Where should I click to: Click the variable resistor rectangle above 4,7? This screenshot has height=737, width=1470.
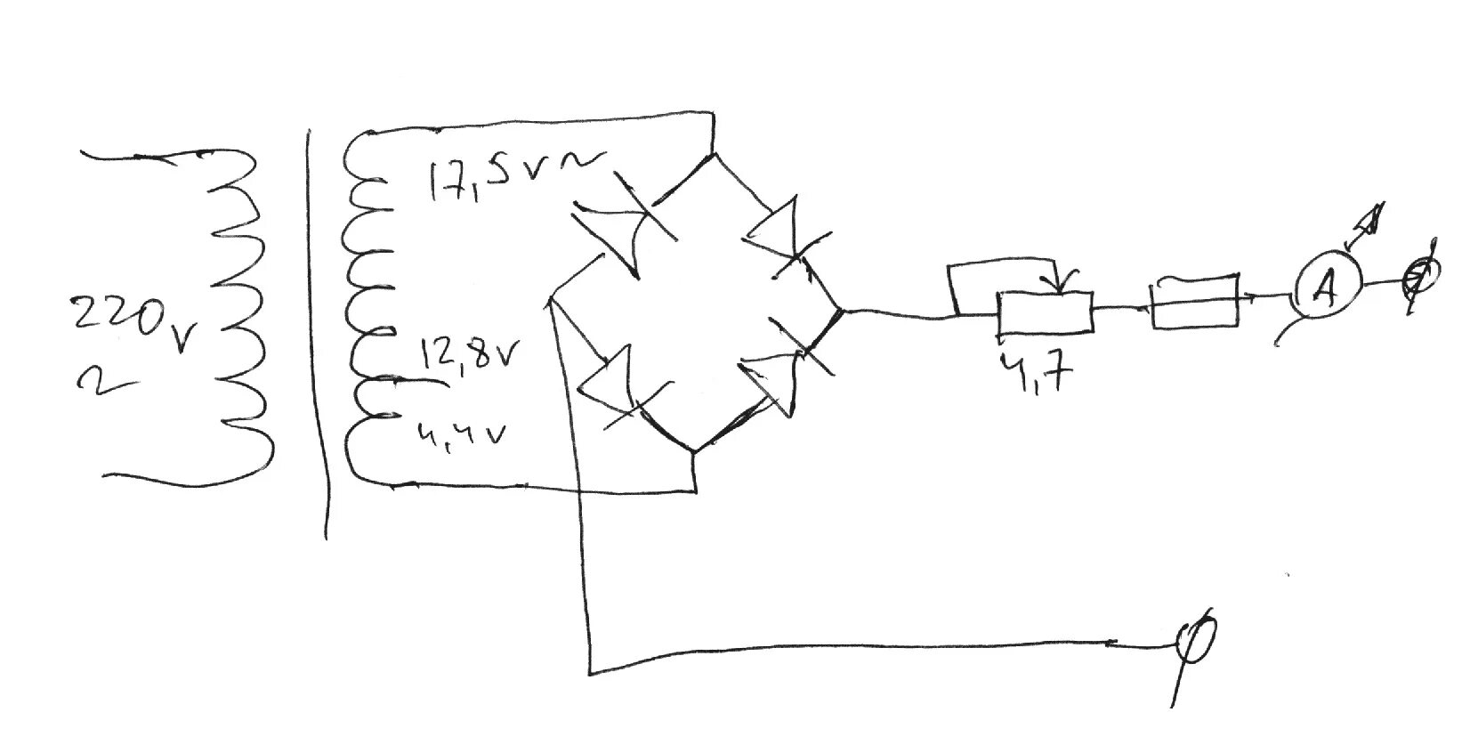pos(1044,312)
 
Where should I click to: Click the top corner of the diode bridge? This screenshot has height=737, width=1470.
pos(713,154)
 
